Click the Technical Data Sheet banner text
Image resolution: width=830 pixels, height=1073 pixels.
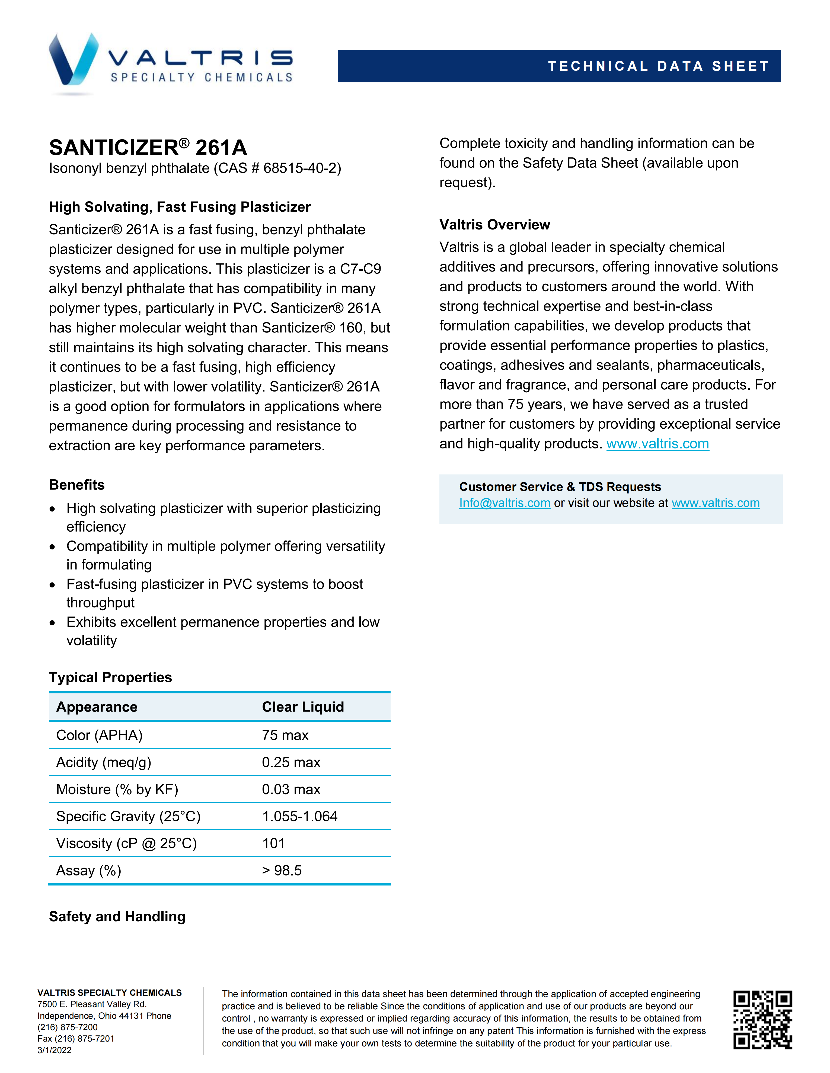click(x=658, y=66)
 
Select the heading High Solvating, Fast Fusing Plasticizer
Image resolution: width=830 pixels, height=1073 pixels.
click(x=180, y=207)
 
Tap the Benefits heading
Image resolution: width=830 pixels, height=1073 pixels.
click(x=77, y=485)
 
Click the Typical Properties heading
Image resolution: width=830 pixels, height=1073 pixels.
click(x=110, y=677)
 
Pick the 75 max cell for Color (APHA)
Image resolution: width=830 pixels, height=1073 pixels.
click(x=285, y=735)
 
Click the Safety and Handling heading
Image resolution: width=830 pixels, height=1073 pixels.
click(x=117, y=916)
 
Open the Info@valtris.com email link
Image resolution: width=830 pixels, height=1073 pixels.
click(x=505, y=503)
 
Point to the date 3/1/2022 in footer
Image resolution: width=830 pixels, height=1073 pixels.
click(x=55, y=1051)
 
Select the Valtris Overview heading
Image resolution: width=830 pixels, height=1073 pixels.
click(x=495, y=225)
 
